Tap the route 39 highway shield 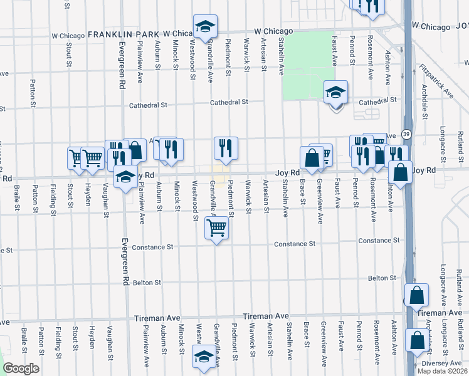[x=407, y=135]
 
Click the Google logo [x=21, y=369]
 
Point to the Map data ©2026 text [x=443, y=371]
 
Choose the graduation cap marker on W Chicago [x=205, y=26]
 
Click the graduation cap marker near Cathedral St [x=335, y=93]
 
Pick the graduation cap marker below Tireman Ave [x=203, y=357]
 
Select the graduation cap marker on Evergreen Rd [x=125, y=177]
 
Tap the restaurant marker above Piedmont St [x=226, y=149]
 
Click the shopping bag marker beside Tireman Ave [x=416, y=295]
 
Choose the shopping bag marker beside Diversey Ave [x=417, y=341]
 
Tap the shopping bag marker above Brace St [x=312, y=159]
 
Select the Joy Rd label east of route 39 [x=424, y=170]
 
